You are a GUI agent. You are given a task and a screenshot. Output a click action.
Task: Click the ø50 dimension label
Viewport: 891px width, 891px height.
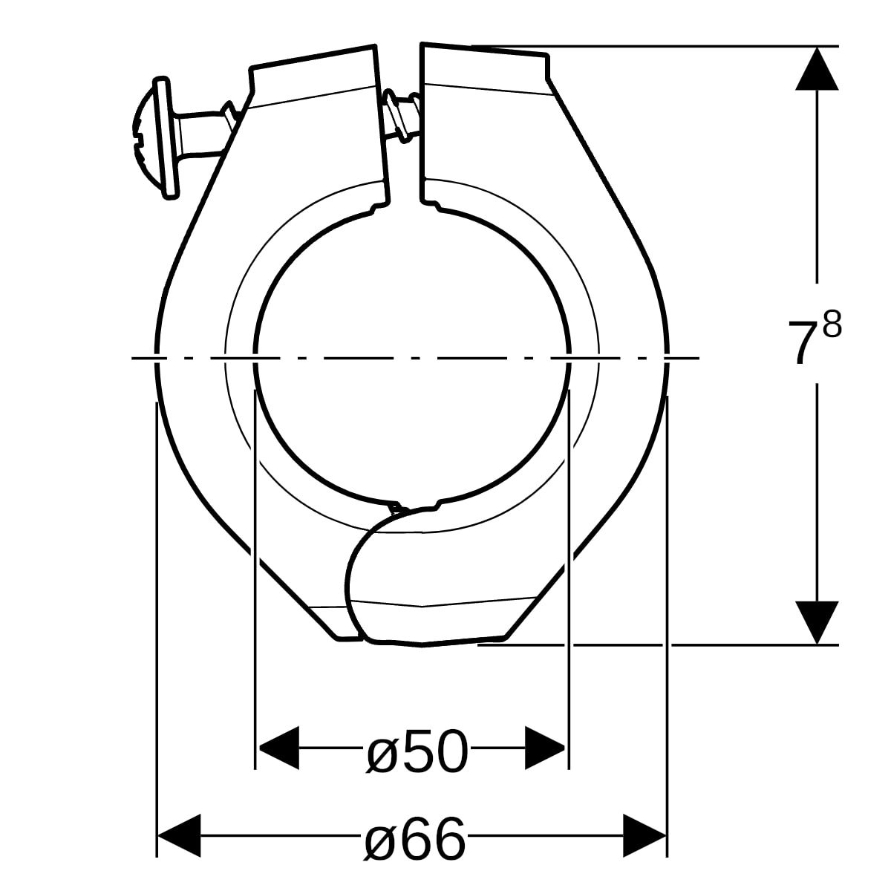coord(418,751)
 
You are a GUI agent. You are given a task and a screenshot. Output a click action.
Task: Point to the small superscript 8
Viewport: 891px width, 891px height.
coord(832,325)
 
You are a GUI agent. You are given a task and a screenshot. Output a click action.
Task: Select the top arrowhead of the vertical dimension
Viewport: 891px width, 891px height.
coord(817,68)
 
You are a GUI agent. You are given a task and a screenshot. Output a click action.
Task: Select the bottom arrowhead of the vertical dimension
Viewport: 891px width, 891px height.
coord(817,622)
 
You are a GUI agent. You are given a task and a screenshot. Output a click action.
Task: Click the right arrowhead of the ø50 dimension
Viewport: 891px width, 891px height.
coord(546,748)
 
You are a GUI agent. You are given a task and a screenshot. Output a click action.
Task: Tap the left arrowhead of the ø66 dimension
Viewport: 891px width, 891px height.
coord(179,836)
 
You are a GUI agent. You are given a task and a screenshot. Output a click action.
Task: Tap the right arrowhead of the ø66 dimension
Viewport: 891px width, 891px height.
coord(644,836)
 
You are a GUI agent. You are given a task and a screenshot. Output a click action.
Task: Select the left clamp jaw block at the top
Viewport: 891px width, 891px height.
coord(316,126)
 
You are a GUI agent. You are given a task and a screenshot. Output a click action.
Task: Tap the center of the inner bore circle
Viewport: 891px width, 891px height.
coord(412,356)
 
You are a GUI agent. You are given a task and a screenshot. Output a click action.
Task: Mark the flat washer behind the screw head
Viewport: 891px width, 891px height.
coord(169,137)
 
